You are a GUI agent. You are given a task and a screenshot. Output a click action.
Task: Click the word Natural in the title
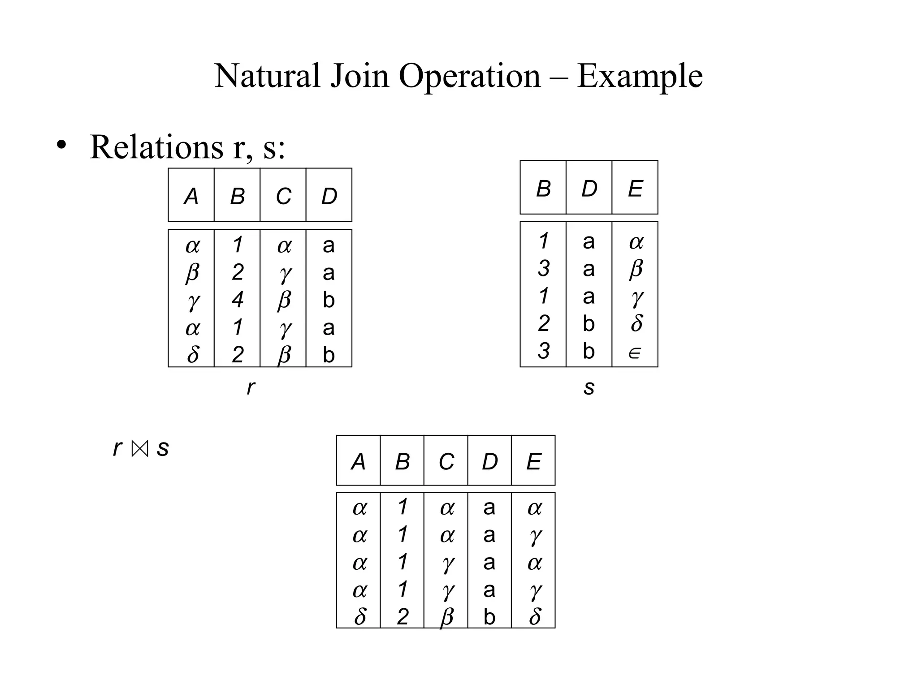[267, 76]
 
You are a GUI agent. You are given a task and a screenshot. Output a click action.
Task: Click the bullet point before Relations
[61, 145]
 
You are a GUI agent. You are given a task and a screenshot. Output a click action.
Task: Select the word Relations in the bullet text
[156, 147]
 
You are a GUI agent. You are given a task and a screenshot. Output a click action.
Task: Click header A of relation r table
[191, 196]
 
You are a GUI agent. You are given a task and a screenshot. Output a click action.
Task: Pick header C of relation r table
[283, 196]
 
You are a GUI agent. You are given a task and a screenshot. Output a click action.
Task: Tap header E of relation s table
[635, 189]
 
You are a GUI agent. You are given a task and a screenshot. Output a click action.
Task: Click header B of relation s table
[543, 189]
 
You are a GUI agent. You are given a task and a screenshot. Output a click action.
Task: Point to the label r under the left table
[251, 387]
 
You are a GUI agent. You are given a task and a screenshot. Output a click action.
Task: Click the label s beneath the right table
[589, 387]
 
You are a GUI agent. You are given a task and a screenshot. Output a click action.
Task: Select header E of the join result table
[533, 462]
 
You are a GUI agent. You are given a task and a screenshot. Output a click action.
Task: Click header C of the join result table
[446, 462]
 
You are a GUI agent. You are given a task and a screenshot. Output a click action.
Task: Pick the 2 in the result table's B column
[403, 617]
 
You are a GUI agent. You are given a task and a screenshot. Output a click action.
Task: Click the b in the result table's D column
[489, 617]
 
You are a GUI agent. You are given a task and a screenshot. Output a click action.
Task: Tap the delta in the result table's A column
[360, 617]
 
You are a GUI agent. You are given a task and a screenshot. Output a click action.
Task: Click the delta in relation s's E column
[636, 323]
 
